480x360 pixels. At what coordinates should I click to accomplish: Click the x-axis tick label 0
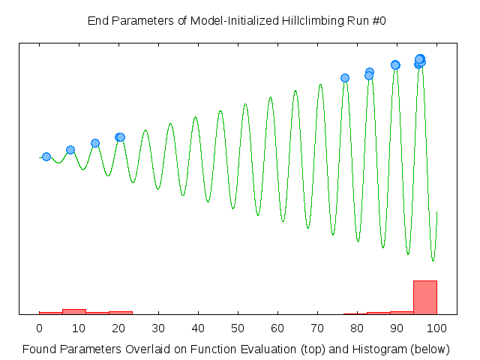point(39,328)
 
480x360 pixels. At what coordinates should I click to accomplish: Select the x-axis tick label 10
point(79,328)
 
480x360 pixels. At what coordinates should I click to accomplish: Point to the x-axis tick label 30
point(158,328)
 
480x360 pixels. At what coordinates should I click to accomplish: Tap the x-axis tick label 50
point(238,328)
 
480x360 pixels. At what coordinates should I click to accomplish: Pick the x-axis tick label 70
point(317,328)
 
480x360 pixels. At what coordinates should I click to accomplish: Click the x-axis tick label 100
point(436,328)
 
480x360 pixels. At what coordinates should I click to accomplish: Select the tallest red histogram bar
point(424,297)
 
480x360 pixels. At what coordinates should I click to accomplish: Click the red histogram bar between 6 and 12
point(74,311)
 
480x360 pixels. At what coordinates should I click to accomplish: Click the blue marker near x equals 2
point(46,157)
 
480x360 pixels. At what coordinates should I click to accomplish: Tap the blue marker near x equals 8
point(70,150)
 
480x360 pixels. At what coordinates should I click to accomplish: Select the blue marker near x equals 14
point(95,143)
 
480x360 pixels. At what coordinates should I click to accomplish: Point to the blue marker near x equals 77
point(345,78)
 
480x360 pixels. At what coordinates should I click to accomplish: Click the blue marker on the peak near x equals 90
point(395,65)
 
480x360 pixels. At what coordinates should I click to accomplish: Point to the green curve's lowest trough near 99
point(433,260)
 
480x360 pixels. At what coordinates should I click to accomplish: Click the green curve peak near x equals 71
point(320,84)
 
